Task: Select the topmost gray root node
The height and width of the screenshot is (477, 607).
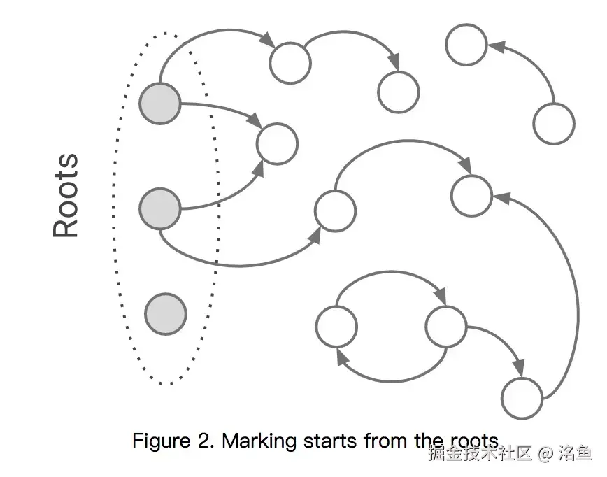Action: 160,104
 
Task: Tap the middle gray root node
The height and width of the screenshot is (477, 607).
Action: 160,208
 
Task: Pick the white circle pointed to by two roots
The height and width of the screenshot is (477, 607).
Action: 277,144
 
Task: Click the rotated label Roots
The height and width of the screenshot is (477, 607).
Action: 66,196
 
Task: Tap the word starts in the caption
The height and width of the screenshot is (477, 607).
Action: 331,441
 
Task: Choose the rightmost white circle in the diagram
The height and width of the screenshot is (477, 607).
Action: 554,124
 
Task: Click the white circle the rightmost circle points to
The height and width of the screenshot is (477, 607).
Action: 466,45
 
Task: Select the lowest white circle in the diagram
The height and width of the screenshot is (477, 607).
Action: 522,398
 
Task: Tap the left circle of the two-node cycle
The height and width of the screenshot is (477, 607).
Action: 336,327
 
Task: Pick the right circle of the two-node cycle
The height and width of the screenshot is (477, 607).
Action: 445,327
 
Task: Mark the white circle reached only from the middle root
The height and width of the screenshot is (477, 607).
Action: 335,211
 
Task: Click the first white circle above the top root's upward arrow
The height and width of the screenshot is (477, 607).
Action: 290,62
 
